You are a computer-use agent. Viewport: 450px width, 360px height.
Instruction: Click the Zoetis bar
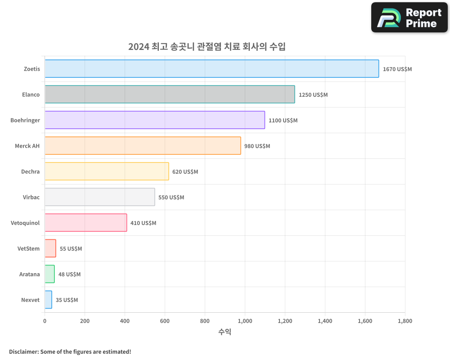[x=211, y=69]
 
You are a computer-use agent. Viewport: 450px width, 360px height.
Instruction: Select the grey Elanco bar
[x=170, y=94]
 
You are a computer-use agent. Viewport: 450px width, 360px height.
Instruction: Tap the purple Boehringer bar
[x=154, y=120]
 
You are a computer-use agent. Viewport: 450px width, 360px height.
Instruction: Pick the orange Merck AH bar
[x=143, y=146]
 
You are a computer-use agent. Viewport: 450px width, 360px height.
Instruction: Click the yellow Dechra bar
[x=107, y=171]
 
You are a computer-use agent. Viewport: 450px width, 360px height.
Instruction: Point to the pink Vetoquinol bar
[x=85, y=223]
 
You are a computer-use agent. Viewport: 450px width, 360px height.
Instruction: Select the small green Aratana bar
[x=49, y=274]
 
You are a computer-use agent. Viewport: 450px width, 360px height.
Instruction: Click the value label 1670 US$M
[x=397, y=69]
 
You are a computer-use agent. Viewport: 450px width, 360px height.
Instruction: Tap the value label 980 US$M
[x=257, y=146]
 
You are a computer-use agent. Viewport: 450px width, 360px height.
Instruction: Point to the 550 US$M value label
[x=171, y=198]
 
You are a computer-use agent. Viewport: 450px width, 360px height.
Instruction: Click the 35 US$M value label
[x=67, y=300]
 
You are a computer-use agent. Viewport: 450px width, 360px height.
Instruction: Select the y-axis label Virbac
[x=31, y=197]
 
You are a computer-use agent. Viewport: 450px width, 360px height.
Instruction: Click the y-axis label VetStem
[x=28, y=248]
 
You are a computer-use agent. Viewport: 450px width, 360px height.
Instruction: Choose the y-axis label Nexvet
[x=30, y=300]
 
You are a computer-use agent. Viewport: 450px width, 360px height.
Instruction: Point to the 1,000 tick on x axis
[x=245, y=321]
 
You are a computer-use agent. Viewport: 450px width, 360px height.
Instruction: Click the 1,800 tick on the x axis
[x=405, y=321]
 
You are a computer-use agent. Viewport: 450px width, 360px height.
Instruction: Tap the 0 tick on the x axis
[x=45, y=321]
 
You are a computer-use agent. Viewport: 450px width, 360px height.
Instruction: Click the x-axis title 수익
[x=225, y=332]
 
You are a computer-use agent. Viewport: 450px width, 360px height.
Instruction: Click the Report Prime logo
[x=409, y=18]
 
